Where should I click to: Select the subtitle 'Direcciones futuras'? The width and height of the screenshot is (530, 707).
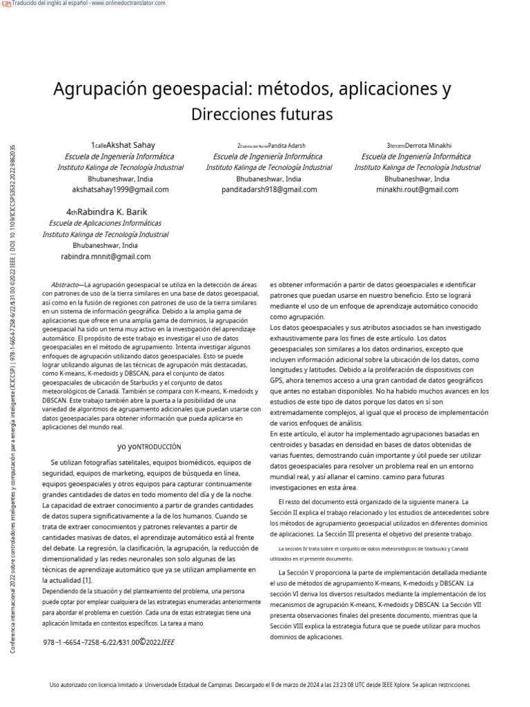coord(262,113)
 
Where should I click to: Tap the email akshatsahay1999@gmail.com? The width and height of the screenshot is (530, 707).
coord(120,189)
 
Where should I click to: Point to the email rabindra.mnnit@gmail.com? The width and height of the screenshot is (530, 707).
coord(106,256)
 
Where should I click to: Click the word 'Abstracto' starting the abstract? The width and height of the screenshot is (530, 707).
coord(65,285)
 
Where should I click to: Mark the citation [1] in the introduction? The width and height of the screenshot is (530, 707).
coord(87,580)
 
